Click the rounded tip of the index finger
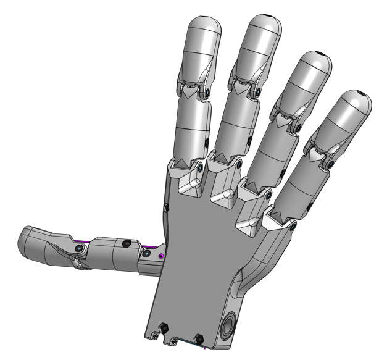tap(204, 28)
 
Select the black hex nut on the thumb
tap(127, 243)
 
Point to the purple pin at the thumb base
tap(162, 255)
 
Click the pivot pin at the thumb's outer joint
tap(80, 248)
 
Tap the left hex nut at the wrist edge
tap(164, 328)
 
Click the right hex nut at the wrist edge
tap(199, 338)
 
